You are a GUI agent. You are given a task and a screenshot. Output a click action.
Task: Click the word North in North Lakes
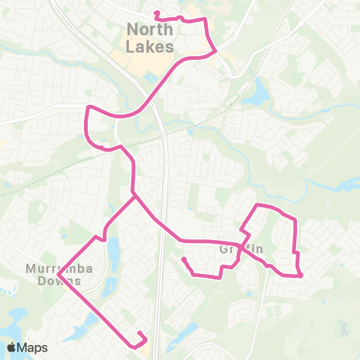coord(150,30)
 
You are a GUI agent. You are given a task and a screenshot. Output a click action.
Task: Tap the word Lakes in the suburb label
coord(150,46)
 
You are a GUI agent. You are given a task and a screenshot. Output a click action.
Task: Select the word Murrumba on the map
coord(52,268)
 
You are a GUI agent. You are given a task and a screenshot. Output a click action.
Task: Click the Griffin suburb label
coord(234,249)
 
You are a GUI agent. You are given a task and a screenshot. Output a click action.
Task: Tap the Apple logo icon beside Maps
coord(12,347)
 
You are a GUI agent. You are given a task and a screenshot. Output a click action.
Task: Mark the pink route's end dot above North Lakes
coord(156,13)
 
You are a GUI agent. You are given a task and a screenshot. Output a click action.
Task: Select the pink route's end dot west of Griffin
coord(184,259)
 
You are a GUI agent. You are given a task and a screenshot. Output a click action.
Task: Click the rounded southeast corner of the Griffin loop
coord(300,275)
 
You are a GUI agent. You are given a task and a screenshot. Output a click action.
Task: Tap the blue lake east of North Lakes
coord(259,93)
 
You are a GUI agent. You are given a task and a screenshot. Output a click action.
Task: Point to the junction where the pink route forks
coord(134,196)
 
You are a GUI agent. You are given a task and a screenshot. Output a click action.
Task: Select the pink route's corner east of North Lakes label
coord(216,50)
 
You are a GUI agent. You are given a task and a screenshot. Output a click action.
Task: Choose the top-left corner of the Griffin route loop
coord(258,205)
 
